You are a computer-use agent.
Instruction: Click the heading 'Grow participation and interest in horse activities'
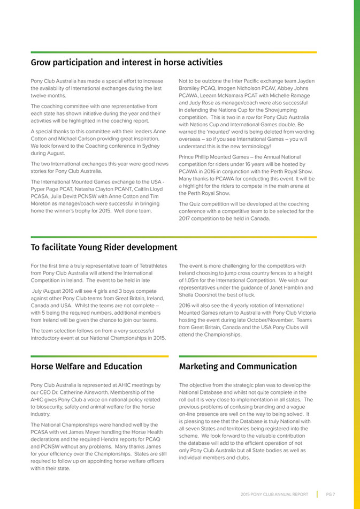tap(126, 63)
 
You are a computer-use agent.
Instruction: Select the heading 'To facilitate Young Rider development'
tap(104, 247)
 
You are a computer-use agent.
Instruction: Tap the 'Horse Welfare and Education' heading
tap(86, 366)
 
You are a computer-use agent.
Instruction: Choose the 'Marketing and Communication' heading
tap(238, 366)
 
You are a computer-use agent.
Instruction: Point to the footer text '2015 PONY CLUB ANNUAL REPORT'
tap(274, 494)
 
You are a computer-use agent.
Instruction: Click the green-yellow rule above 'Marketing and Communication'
tap(248, 356)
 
